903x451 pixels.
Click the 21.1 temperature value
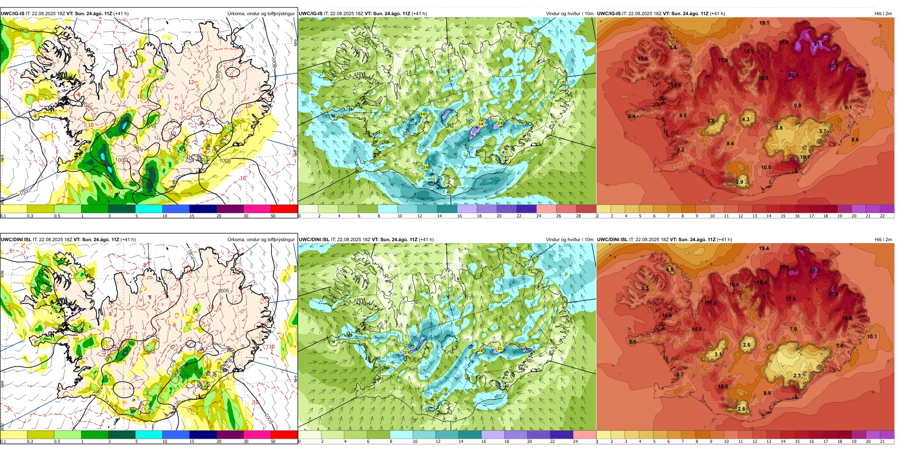click(x=818, y=44)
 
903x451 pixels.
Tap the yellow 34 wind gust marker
click(x=480, y=124)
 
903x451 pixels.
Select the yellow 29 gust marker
click(x=407, y=352)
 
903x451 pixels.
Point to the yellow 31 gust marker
click(x=500, y=348)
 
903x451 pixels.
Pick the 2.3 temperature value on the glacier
click(x=797, y=376)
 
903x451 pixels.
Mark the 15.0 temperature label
click(x=643, y=58)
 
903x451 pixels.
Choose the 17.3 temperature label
click(x=790, y=299)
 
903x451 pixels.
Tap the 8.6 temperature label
click(x=855, y=140)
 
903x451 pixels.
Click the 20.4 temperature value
click(x=793, y=75)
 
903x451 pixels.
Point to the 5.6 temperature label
click(x=633, y=342)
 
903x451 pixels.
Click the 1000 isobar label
click(x=25, y=191)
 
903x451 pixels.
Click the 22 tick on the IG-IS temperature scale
click(x=882, y=216)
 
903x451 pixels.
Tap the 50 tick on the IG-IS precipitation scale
click(x=273, y=216)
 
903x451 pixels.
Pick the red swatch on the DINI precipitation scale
click(x=284, y=434)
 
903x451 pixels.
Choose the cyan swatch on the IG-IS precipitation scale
click(x=149, y=208)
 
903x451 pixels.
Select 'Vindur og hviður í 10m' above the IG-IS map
click(x=569, y=14)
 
